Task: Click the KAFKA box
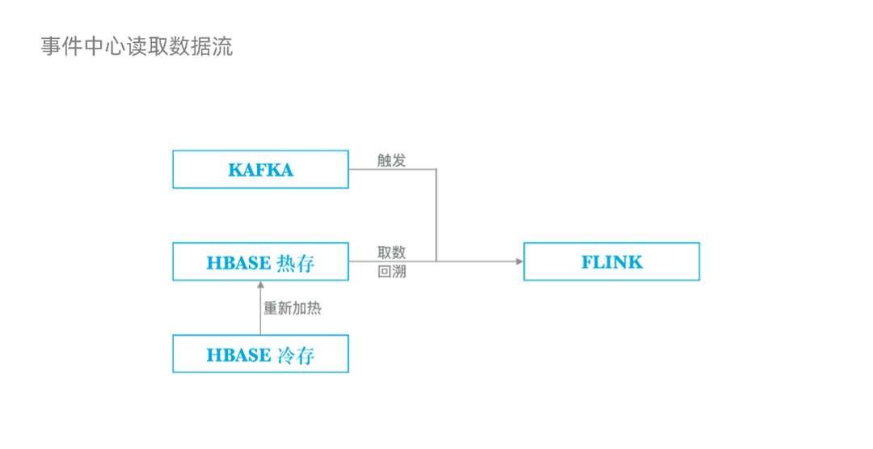pos(260,169)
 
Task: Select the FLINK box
pos(611,261)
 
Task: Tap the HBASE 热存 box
pos(260,261)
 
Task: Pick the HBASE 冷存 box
pos(260,354)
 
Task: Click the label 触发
pos(391,159)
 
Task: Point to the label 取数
pos(391,252)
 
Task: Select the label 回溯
pos(391,272)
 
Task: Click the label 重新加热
pos(293,308)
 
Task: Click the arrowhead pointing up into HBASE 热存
pos(260,285)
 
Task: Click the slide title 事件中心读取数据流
pos(137,46)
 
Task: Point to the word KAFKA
pos(260,170)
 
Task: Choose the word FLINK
pos(612,262)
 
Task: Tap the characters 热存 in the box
pos(295,263)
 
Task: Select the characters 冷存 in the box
pos(295,355)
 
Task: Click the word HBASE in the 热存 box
pos(238,263)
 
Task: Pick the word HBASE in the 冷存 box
pos(238,355)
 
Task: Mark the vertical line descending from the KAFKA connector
pos(436,214)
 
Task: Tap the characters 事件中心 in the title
pos(79,46)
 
